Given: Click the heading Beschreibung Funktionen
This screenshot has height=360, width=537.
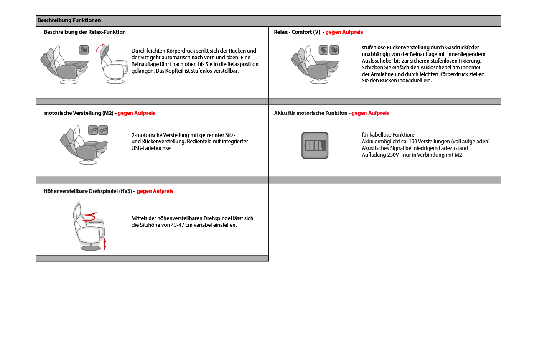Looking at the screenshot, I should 69,20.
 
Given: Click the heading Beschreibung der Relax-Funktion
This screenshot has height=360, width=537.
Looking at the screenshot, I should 84,32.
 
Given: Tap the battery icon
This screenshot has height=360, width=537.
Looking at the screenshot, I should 315,145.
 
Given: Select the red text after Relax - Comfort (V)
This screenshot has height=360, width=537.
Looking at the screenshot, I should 344,32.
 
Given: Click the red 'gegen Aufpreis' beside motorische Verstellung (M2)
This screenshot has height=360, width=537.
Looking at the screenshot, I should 136,113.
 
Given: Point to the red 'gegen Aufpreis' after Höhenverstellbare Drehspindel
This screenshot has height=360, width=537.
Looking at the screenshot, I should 155,191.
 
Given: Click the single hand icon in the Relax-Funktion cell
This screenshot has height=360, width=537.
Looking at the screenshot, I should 84,50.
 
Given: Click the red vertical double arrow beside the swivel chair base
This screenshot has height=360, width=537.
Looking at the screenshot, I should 104,244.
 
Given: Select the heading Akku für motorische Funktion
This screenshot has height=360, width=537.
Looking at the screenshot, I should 310,113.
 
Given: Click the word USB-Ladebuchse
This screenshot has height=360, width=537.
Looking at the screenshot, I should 151,148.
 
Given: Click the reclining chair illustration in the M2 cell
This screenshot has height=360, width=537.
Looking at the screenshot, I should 84,145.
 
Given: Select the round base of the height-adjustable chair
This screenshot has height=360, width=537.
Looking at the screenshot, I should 91,248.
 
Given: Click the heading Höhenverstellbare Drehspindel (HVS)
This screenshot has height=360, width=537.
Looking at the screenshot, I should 88,191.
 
